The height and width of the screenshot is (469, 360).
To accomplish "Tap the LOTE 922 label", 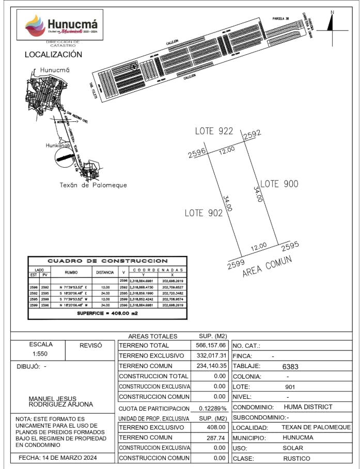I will [x=214, y=132].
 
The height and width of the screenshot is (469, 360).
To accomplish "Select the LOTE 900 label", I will [x=279, y=184].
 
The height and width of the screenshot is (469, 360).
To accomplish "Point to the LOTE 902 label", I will [x=204, y=213].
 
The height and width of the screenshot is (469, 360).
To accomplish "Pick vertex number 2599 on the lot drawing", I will [x=236, y=264].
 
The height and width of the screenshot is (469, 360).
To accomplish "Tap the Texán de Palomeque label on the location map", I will [x=93, y=185].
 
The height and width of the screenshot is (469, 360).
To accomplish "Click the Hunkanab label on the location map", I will [x=57, y=145].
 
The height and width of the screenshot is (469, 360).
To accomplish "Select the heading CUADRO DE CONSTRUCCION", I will [x=107, y=261].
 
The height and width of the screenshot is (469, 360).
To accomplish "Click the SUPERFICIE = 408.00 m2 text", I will [x=107, y=313].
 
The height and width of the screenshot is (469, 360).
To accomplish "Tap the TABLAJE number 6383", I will [x=291, y=366].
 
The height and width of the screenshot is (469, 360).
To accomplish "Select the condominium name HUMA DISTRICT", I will [x=308, y=407].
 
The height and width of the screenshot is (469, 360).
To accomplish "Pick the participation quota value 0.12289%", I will [x=213, y=408].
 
